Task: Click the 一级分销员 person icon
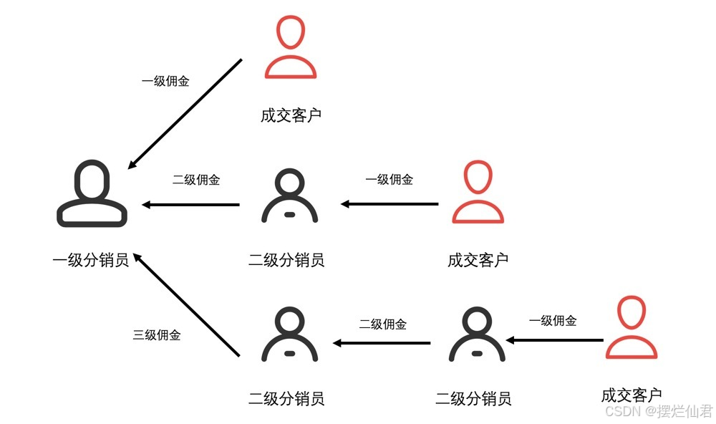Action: coord(92,194)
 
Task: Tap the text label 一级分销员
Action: coord(91,260)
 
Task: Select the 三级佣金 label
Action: coord(157,334)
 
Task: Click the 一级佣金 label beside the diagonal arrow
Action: coord(165,81)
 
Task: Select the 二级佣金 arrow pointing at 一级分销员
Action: coord(190,205)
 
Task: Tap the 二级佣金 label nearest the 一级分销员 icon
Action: coord(196,180)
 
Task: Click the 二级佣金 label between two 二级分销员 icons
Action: coord(383,324)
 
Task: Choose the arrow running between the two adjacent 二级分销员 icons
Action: coord(382,343)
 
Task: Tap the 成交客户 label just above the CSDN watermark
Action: coord(632,395)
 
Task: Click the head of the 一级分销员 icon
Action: coord(92,179)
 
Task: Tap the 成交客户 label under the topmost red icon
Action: coord(291,115)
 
